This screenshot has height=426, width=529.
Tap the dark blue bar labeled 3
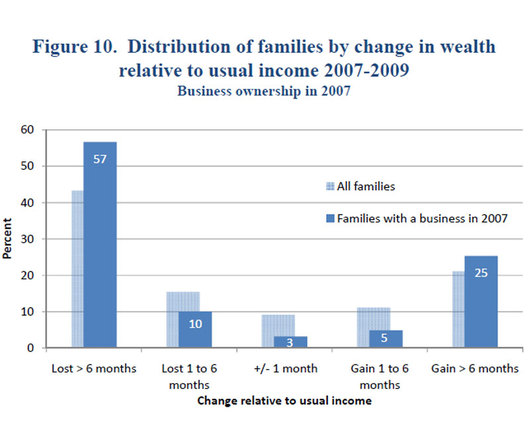point(290,341)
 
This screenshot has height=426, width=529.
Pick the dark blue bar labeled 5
point(386,339)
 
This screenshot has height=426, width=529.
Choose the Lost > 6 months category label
point(93,369)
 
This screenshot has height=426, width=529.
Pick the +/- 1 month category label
point(286,369)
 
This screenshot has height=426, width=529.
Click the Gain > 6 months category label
point(475,369)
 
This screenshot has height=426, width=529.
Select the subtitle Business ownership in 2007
point(263,92)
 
